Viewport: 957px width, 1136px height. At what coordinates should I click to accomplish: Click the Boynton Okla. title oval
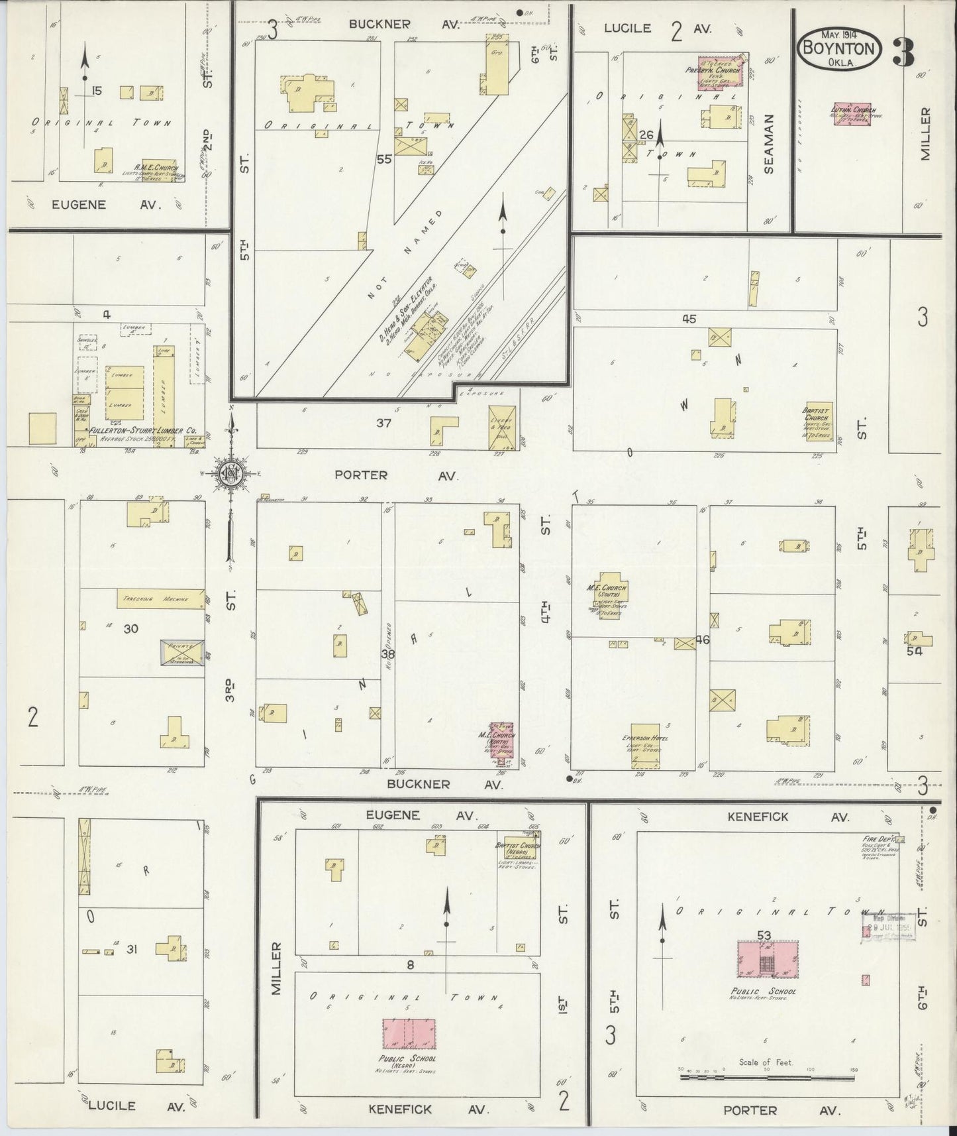(840, 50)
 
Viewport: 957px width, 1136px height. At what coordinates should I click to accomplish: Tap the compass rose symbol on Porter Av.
(230, 473)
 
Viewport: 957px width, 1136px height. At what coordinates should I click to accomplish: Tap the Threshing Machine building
(160, 598)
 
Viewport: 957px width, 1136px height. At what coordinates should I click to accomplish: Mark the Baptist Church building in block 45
(817, 421)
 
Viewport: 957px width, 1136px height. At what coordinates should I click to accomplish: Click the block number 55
(384, 159)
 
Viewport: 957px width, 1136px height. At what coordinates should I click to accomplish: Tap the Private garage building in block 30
(182, 653)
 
